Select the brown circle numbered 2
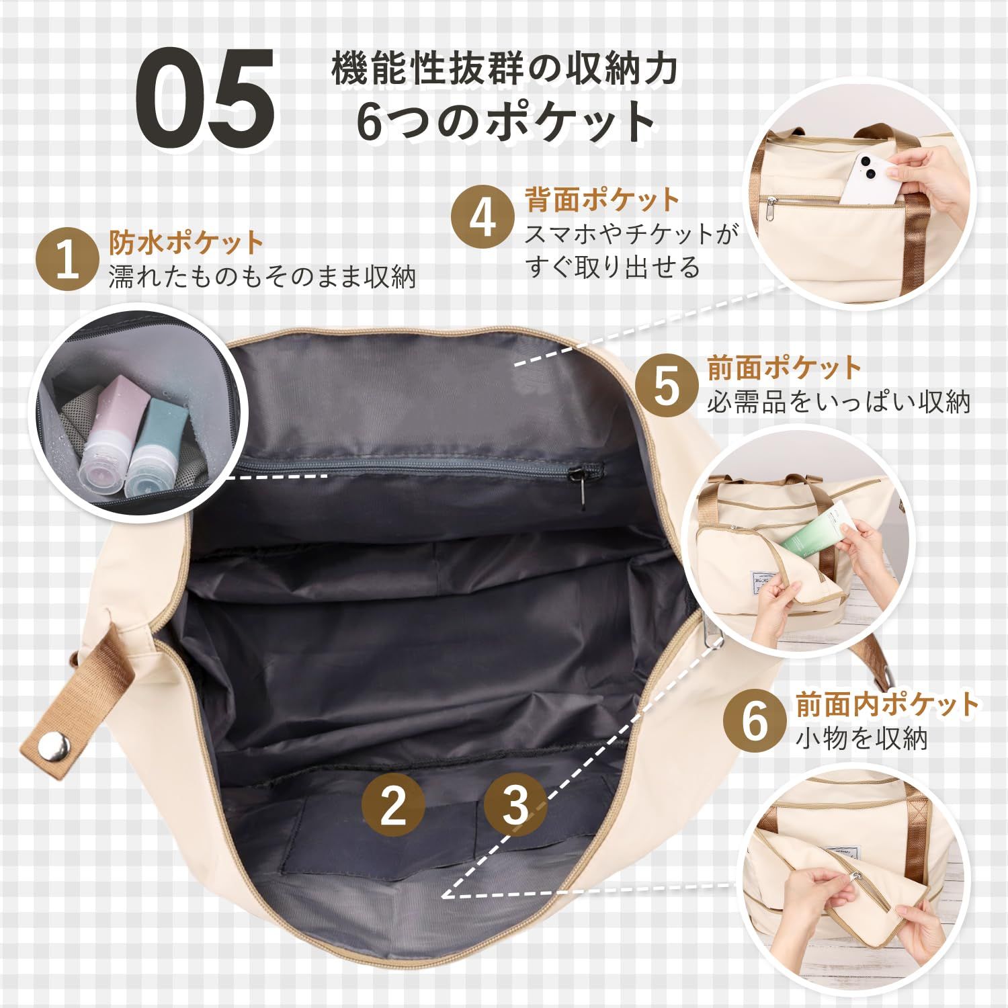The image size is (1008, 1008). coord(393,804)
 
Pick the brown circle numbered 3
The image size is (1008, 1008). coord(515,804)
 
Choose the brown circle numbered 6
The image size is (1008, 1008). coord(754,720)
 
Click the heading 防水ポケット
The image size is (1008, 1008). coord(185,242)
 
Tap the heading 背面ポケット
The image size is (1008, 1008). coord(603,200)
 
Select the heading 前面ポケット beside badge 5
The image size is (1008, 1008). coord(784,368)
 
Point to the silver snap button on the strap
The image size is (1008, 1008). coord(55,747)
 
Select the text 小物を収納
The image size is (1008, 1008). coord(862,739)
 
